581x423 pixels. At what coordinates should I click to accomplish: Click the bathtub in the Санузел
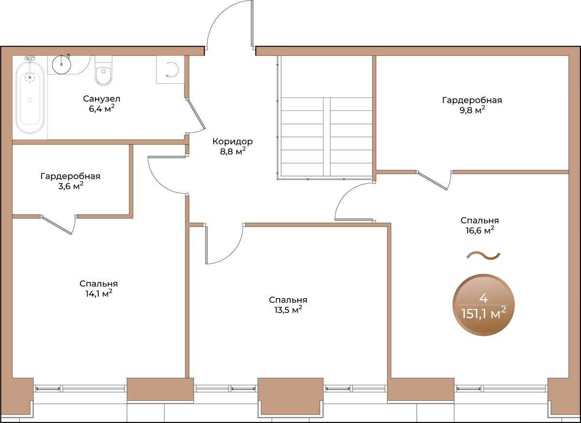click(30, 98)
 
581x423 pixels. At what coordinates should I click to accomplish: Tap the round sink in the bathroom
click(61, 64)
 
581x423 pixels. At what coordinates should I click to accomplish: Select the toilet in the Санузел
click(104, 71)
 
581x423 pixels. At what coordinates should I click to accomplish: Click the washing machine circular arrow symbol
click(172, 70)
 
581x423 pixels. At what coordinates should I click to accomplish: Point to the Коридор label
click(232, 142)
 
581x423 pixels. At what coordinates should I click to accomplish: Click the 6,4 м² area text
click(102, 109)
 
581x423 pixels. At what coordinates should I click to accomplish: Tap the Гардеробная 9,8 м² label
click(472, 105)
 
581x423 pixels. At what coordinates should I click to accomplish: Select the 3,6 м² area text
click(71, 186)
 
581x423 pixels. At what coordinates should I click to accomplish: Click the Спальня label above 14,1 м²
click(99, 284)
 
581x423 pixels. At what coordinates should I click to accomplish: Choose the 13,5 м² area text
click(288, 310)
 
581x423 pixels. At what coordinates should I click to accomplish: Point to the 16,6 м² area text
click(480, 230)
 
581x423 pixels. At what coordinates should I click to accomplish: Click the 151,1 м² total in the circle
click(484, 314)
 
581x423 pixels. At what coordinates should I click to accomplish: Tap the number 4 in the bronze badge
click(484, 298)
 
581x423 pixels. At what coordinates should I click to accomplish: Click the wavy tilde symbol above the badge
click(483, 256)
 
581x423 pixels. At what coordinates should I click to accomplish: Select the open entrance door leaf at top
click(252, 23)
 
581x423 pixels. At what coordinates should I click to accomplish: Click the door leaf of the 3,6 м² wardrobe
click(57, 226)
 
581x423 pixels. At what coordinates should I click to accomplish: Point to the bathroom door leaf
click(196, 114)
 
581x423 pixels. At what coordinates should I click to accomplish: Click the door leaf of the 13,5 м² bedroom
click(206, 245)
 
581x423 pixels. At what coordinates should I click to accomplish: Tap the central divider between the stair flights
click(326, 136)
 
